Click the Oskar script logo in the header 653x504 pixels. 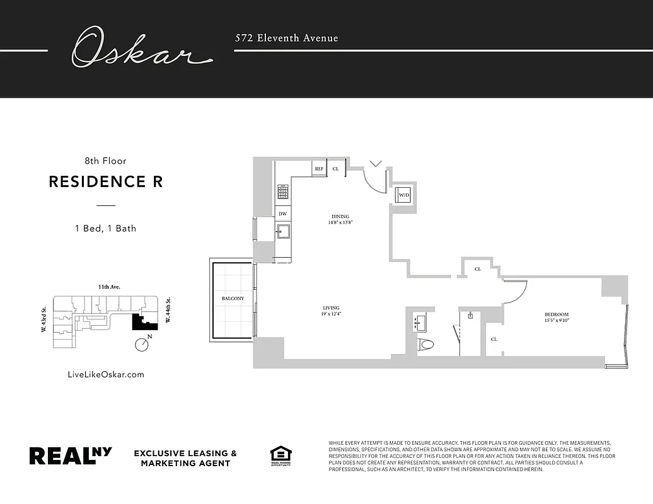point(140,48)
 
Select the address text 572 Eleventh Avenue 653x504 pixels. point(287,38)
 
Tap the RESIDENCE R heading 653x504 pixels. point(106,182)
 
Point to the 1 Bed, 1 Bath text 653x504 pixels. point(105,228)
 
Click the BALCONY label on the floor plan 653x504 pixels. point(233,298)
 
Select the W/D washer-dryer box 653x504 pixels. point(403,195)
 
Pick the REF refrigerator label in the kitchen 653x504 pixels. point(319,169)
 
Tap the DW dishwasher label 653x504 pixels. point(283,214)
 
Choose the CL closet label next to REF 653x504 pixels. point(335,169)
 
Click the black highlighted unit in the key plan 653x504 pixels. point(144,322)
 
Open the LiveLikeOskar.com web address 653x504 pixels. point(105,374)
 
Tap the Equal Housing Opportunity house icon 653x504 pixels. point(280,455)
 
